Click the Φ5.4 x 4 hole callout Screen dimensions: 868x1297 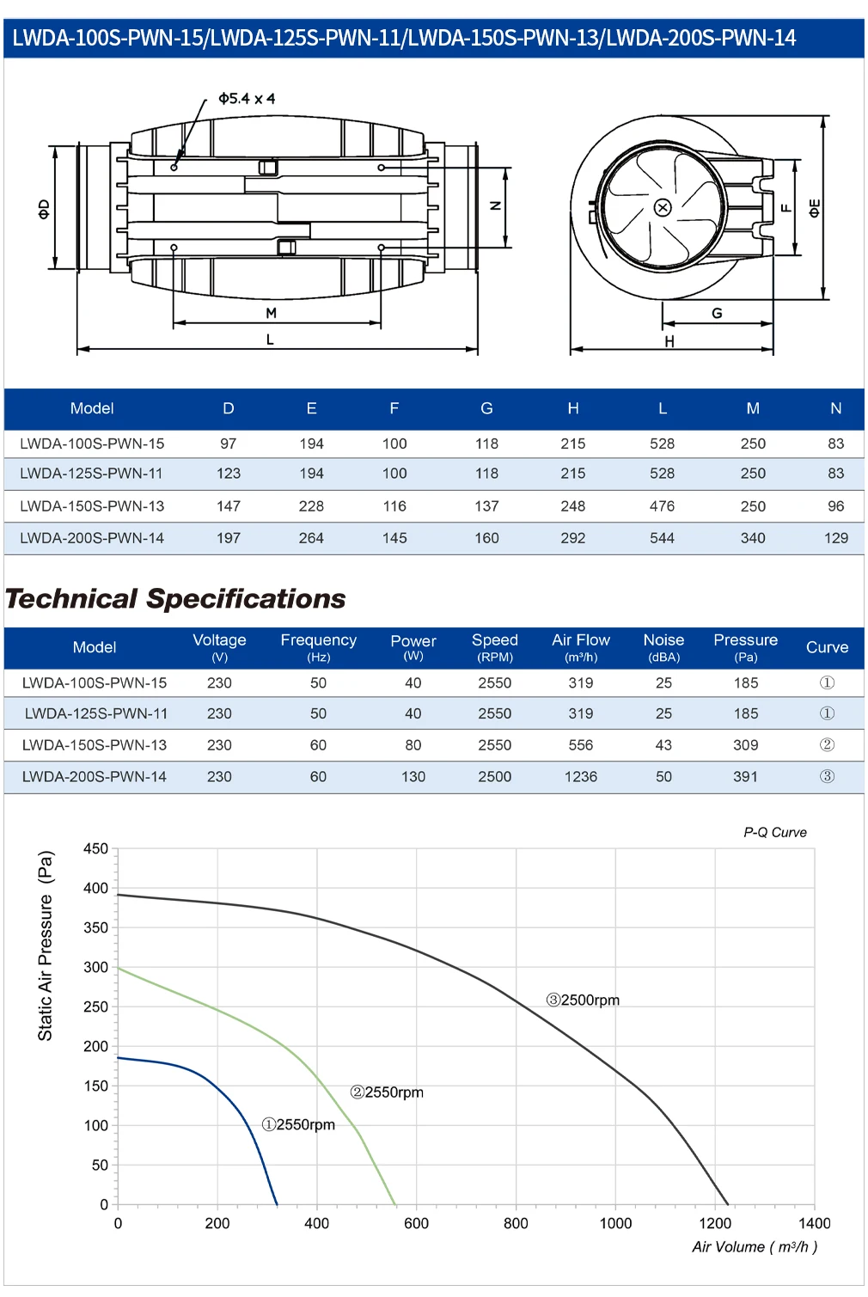click(247, 99)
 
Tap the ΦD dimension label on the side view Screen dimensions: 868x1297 click(44, 209)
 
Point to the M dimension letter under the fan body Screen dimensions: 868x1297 click(271, 313)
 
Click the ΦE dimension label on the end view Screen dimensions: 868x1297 click(814, 209)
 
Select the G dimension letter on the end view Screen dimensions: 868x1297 click(717, 313)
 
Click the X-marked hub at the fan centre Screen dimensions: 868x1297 click(663, 207)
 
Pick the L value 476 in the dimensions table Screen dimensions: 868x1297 click(662, 506)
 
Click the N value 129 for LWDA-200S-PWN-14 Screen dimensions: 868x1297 click(835, 538)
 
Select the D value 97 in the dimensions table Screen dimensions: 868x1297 click(228, 444)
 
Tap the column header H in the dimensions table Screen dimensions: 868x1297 click(573, 409)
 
